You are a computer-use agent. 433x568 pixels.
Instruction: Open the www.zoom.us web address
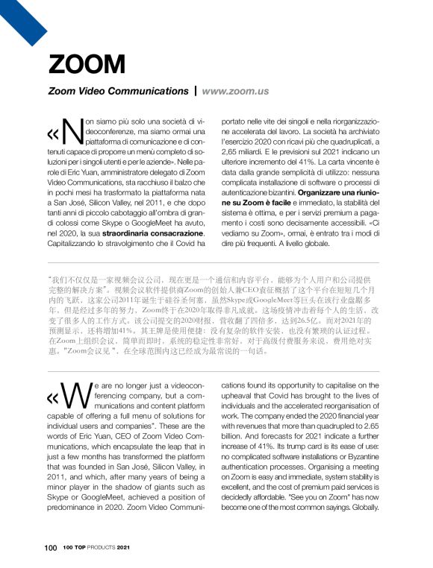[x=235, y=92]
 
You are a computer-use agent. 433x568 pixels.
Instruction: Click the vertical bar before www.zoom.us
[x=196, y=92]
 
